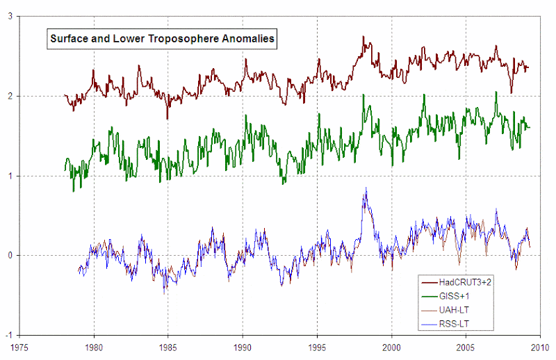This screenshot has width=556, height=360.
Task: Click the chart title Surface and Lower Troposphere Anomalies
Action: [161, 40]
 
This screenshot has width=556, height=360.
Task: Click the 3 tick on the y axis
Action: [10, 17]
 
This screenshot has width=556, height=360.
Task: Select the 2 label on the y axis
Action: [10, 97]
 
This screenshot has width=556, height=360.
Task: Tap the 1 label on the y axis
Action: [10, 176]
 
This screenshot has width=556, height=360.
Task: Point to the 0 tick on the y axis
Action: [10, 256]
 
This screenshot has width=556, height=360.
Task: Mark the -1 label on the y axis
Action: [8, 335]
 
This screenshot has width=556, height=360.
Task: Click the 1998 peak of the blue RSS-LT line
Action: [366, 188]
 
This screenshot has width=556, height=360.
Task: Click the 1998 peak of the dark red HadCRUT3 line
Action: [363, 38]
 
